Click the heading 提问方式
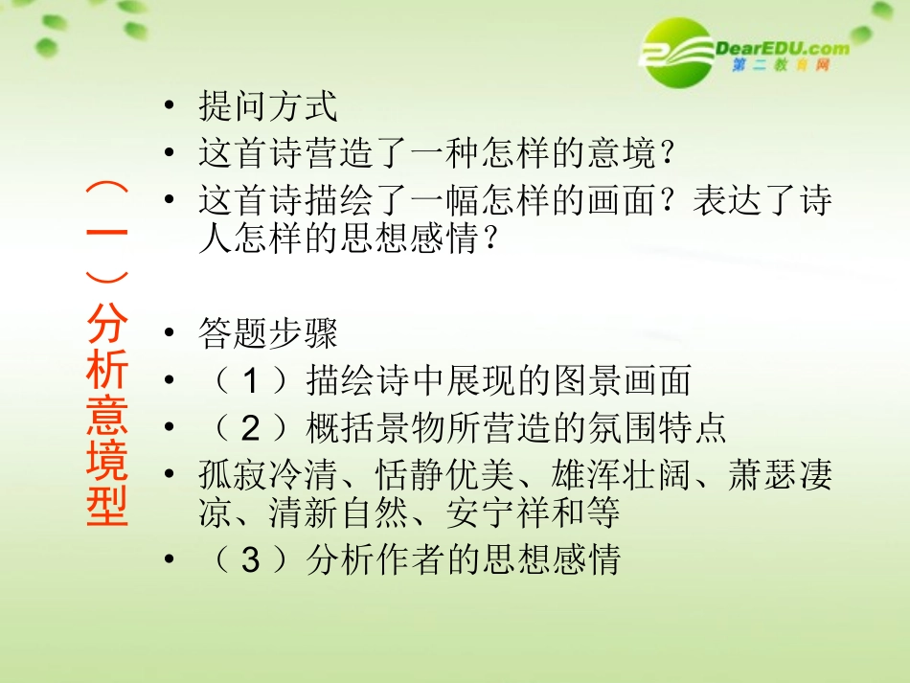click(267, 106)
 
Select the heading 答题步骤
click(267, 334)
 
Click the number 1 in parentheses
click(251, 381)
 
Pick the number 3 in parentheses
click(251, 560)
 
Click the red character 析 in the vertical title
click(106, 371)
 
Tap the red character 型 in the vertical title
click(106, 506)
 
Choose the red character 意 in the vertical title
click(106, 416)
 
